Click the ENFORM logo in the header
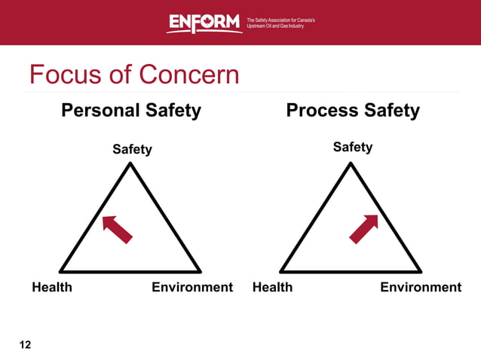(x=204, y=23)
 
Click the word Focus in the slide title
(x=66, y=75)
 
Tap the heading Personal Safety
(x=130, y=111)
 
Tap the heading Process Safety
(x=353, y=111)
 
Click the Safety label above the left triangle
(x=132, y=149)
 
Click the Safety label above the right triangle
(x=353, y=147)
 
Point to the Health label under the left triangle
(x=52, y=287)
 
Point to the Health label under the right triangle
(x=272, y=287)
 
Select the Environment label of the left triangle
(x=192, y=287)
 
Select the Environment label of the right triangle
(x=421, y=287)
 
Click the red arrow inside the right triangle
(x=363, y=229)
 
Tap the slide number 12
(x=26, y=345)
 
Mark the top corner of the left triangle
(x=130, y=165)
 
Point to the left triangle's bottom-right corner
(x=200, y=271)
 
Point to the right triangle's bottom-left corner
(x=280, y=271)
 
